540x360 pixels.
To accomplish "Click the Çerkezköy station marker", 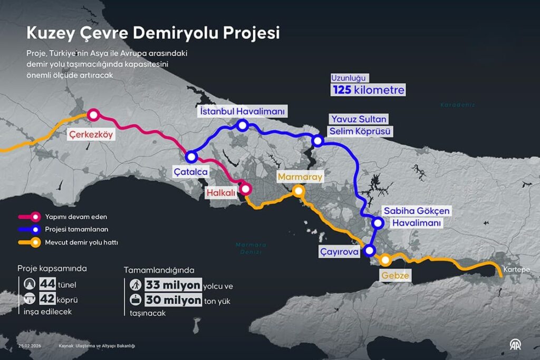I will (93, 114).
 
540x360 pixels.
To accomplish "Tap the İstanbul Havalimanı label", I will (243, 112).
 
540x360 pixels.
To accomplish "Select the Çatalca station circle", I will (191, 157).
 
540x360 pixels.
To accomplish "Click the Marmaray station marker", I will (298, 191).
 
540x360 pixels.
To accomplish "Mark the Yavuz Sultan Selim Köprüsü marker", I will (317, 141).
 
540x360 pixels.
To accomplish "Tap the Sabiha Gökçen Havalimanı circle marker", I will (378, 222).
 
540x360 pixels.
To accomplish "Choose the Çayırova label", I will (340, 252).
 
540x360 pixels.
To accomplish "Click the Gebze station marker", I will (386, 259).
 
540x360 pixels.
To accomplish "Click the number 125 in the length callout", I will (342, 90).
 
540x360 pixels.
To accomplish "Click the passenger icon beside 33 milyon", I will (136, 285).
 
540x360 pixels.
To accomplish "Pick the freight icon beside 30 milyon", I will (136, 300).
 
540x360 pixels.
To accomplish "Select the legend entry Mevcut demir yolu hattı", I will (81, 243).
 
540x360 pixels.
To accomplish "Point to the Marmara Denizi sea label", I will (251, 248).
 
